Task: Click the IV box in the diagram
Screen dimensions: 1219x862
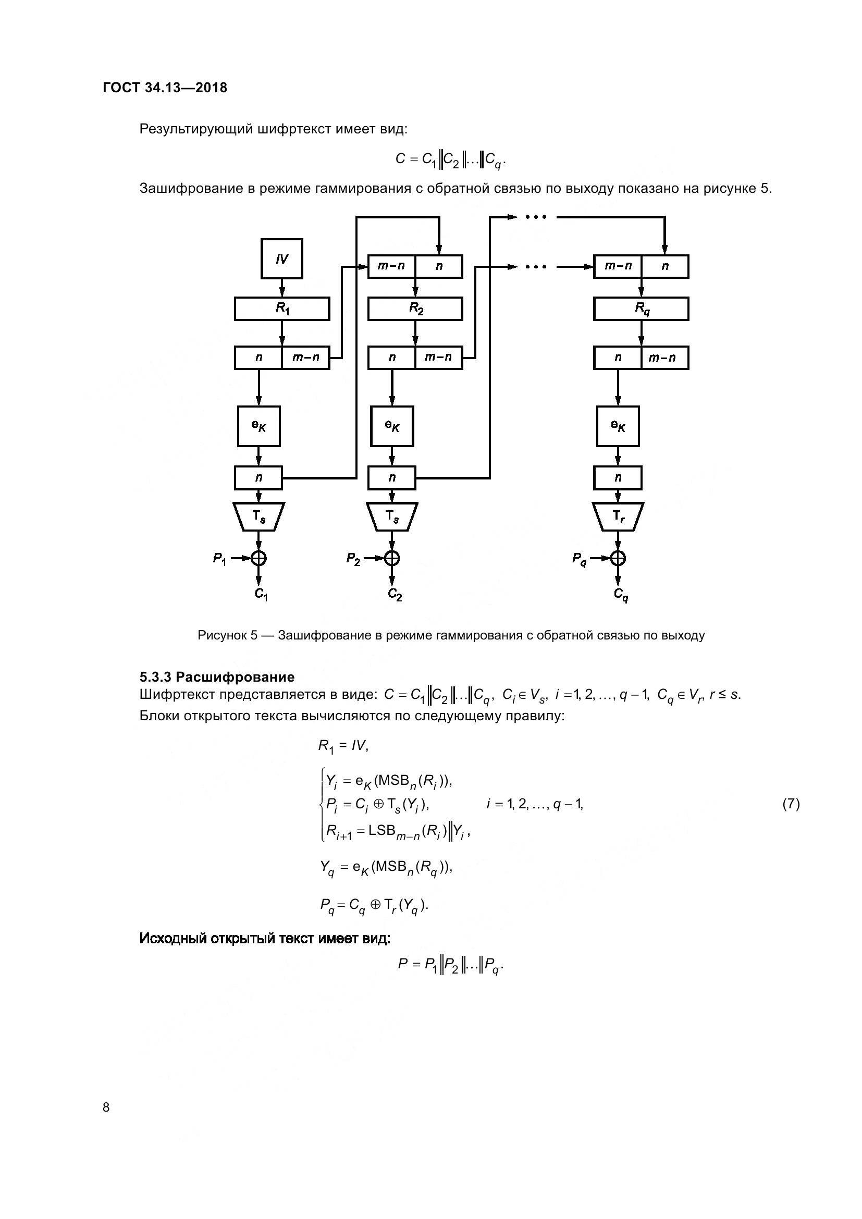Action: pyautogui.click(x=282, y=258)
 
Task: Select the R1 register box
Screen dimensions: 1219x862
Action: pyautogui.click(x=282, y=309)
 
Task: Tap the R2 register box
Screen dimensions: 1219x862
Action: pyautogui.click(x=415, y=309)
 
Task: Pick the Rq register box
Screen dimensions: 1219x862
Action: pyautogui.click(x=641, y=309)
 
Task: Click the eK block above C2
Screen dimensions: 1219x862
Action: pyautogui.click(x=392, y=426)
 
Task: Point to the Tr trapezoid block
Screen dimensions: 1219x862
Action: pyautogui.click(x=618, y=516)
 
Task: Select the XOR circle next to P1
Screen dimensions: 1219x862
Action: pyautogui.click(x=258, y=558)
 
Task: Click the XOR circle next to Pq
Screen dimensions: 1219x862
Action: pyautogui.click(x=618, y=558)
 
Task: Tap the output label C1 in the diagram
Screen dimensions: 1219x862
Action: pyautogui.click(x=261, y=594)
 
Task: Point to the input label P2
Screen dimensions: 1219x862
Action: pyautogui.click(x=353, y=559)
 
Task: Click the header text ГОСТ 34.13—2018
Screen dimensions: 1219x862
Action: pyautogui.click(x=165, y=88)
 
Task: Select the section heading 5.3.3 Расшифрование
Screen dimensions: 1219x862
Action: pyautogui.click(x=217, y=677)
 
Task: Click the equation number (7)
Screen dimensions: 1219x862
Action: pyautogui.click(x=791, y=804)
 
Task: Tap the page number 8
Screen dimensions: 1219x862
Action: pyautogui.click(x=106, y=1107)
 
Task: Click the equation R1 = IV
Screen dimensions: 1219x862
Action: pyautogui.click(x=343, y=746)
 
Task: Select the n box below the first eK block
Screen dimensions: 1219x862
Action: pyautogui.click(x=258, y=478)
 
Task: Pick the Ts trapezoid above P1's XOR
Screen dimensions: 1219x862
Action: pyautogui.click(x=258, y=516)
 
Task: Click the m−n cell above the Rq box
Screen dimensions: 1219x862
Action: pyautogui.click(x=618, y=266)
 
